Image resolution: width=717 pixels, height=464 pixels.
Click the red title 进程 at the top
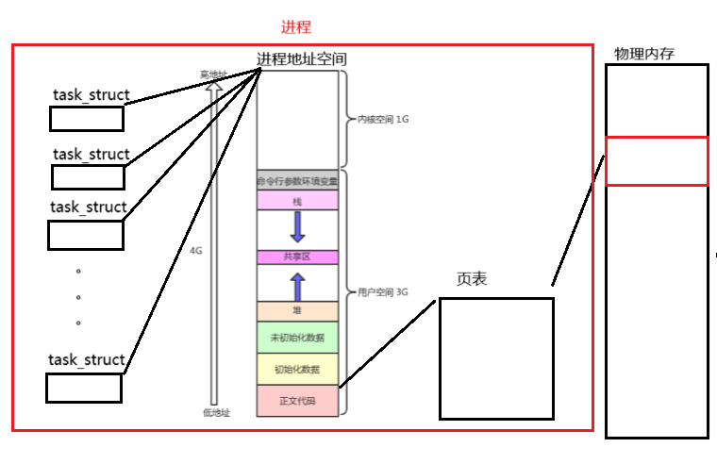point(296,28)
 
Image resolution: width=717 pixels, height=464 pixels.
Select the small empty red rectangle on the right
point(657,161)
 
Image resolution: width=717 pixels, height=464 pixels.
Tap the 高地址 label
point(213,75)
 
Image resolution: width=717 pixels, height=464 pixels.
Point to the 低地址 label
point(216,412)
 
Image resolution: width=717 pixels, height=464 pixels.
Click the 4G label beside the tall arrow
point(196,251)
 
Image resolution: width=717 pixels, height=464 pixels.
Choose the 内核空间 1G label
point(383,120)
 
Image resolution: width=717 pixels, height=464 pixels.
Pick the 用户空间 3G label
point(383,292)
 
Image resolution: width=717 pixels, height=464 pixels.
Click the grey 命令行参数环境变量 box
point(297,180)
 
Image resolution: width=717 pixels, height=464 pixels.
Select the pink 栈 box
point(297,200)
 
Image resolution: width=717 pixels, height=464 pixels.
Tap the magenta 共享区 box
point(297,257)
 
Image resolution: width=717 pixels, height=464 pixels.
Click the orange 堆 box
point(297,310)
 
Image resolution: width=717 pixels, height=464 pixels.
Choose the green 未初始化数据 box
point(297,338)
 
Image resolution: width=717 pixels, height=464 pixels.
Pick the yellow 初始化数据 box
point(297,369)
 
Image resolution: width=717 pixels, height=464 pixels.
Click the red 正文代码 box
point(297,400)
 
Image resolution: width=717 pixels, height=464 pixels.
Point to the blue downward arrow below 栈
point(298,226)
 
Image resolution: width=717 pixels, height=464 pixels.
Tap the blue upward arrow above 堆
point(298,286)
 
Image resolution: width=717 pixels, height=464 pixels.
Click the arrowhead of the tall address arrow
point(214,86)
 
